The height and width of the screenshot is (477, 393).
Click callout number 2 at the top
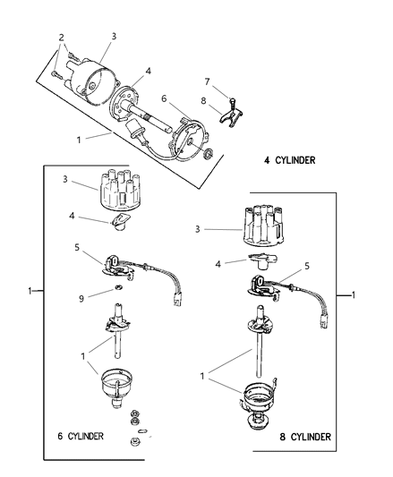coord(61,37)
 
